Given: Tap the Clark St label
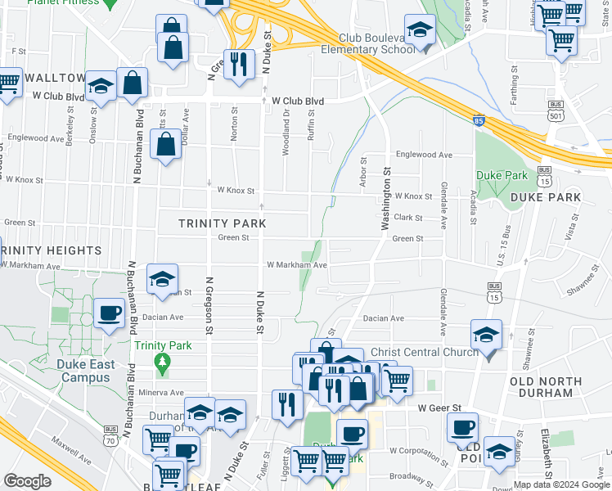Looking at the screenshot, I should coord(407,218).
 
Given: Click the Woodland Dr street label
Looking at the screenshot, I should coord(286,128).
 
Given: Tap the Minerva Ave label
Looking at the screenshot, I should coord(161,392).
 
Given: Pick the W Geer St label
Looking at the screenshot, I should coord(439,408).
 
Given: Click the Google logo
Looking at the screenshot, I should coord(27,481).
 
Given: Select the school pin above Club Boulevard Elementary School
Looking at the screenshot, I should coord(420,31).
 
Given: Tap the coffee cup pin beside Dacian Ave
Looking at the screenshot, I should coord(109,313).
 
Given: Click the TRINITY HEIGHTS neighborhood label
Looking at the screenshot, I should coord(51,250).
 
